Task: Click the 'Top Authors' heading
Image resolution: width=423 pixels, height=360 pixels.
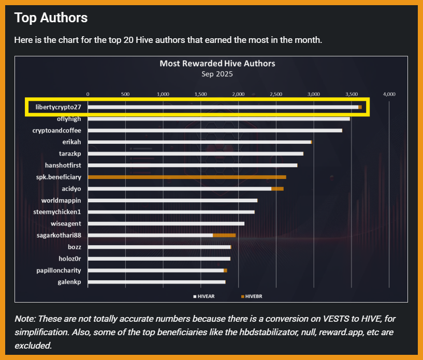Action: click(x=51, y=18)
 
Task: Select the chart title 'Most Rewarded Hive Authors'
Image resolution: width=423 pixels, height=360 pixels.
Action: click(x=217, y=64)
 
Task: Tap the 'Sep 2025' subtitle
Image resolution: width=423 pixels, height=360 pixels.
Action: click(x=217, y=73)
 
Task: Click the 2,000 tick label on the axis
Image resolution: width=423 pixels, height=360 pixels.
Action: click(x=238, y=94)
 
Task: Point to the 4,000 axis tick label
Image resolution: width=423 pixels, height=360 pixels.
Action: click(x=388, y=94)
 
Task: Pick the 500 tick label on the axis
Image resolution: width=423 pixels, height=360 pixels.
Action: click(x=125, y=94)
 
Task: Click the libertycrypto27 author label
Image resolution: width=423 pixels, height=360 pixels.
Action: click(x=58, y=107)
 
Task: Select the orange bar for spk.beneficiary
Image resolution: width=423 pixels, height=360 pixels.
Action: click(x=186, y=177)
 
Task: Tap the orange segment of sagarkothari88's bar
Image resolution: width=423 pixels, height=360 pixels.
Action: click(x=224, y=235)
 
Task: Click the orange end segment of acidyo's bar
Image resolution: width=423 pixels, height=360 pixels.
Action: click(x=278, y=189)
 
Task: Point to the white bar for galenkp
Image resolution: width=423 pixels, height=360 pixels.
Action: click(x=156, y=282)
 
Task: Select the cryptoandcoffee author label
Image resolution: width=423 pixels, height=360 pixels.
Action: click(x=56, y=130)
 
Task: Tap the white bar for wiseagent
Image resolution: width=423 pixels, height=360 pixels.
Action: click(x=166, y=223)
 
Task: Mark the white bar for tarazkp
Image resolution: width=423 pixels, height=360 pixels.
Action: click(x=195, y=154)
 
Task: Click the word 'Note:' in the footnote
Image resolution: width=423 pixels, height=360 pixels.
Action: click(x=25, y=319)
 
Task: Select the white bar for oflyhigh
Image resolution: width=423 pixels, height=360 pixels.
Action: click(x=218, y=119)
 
